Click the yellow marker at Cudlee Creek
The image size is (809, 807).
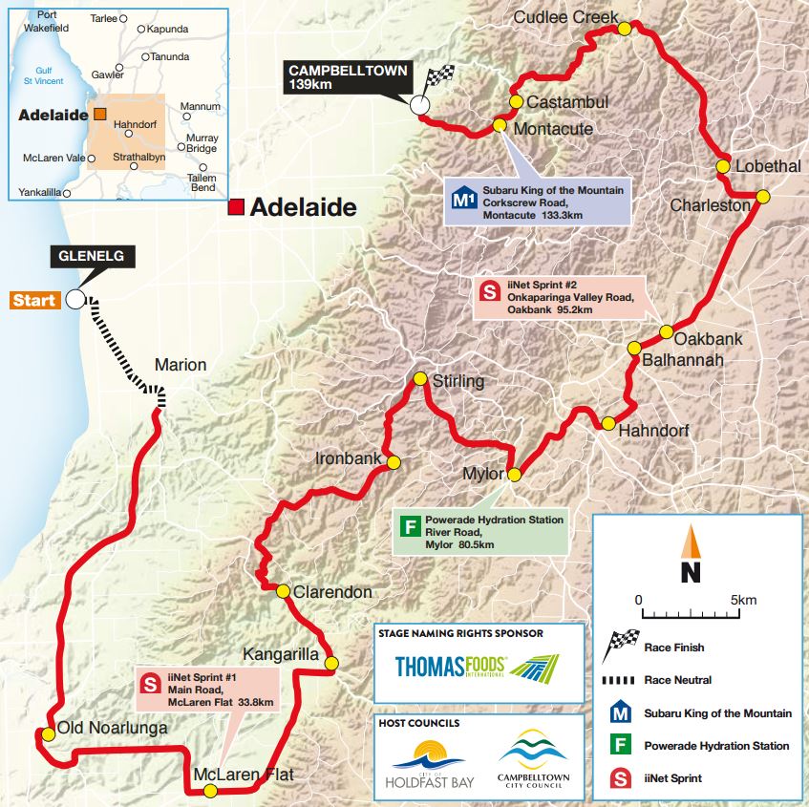pos(624,29)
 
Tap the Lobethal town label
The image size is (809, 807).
pos(768,166)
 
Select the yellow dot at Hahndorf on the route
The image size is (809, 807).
pos(607,423)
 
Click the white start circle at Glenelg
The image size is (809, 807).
pos(75,299)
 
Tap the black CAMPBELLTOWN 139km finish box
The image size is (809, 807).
pos(348,77)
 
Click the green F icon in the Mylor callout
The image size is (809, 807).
pos(411,526)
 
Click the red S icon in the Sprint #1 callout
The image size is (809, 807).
pos(150,683)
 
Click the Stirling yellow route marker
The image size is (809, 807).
pos(418,379)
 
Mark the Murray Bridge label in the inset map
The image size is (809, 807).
pos(201,143)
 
